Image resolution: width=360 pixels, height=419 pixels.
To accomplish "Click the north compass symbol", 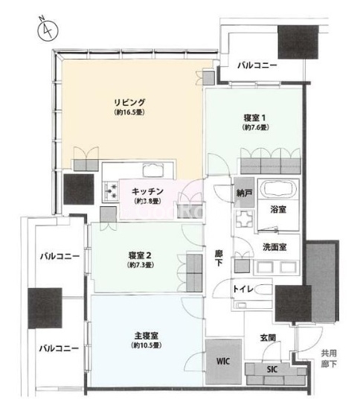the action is pos(48,30).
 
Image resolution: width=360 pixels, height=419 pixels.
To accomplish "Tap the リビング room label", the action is pos(129,103).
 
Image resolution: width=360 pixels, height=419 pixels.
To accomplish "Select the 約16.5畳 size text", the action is pos(129,112).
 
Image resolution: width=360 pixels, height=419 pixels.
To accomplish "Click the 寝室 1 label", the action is pos(254,118).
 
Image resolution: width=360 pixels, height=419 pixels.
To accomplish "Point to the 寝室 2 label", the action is pos(140,255).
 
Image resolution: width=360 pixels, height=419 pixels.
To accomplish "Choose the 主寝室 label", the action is pos(146,336).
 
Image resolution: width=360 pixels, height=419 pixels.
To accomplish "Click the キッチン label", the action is pos(147,191).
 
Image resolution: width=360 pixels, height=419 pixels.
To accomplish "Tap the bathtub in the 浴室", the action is pos(277,188).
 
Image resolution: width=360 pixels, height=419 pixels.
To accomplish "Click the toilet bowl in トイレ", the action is pos(263,289).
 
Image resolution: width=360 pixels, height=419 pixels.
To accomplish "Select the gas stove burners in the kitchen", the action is pos(111,191).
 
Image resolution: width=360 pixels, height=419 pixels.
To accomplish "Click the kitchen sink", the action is pos(153,170).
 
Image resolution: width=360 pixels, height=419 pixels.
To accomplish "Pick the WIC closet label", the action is pos(223,361).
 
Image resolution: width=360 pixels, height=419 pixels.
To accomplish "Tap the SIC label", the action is pos(272,370).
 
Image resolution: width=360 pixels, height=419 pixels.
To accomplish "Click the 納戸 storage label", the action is pos(243,193).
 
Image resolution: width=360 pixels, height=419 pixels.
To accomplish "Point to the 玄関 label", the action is pos(268,338).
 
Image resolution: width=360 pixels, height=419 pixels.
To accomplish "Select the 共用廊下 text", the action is pos(329,359).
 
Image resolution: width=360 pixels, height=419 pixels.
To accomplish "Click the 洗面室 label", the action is pos(274,247).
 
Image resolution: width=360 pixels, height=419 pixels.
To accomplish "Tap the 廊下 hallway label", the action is pos(219,258).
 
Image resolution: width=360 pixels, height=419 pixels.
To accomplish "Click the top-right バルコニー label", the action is pos(257,65).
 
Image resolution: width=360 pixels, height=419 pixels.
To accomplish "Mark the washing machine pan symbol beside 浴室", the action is pos(245,218).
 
